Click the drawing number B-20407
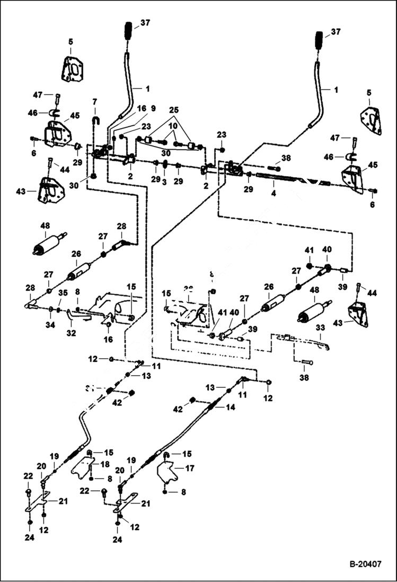365,564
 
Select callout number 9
153,108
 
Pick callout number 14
231,407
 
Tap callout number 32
71,333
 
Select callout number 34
50,325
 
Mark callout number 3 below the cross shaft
165,181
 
